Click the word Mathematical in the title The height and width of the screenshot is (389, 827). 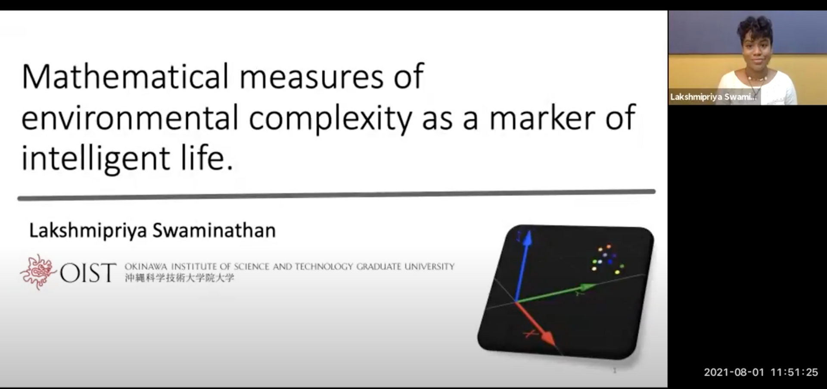[x=125, y=76]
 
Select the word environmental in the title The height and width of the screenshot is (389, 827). [x=130, y=117]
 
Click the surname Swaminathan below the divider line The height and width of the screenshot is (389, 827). [x=214, y=230]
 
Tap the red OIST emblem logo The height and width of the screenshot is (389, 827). [x=37, y=272]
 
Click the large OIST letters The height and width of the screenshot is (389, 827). [x=88, y=273]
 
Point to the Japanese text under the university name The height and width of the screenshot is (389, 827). [x=180, y=278]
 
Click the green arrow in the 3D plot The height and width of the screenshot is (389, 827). [x=556, y=293]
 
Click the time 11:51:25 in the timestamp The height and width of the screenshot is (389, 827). [x=794, y=372]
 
